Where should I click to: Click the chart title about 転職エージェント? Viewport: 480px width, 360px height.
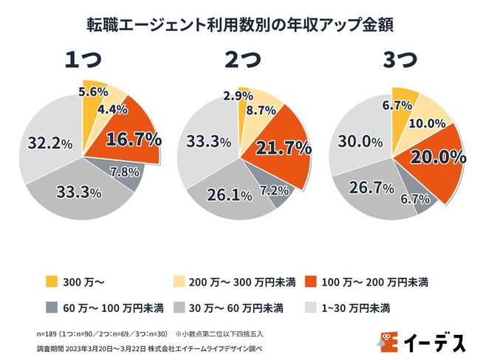pyautogui.click(x=239, y=24)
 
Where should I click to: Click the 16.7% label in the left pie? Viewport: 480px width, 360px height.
pyautogui.click(x=134, y=138)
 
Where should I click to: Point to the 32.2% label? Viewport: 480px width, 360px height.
pyautogui.click(x=49, y=143)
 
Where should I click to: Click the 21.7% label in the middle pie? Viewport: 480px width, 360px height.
pyautogui.click(x=283, y=148)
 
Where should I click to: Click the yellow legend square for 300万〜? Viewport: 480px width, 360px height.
pyautogui.click(x=51, y=281)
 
